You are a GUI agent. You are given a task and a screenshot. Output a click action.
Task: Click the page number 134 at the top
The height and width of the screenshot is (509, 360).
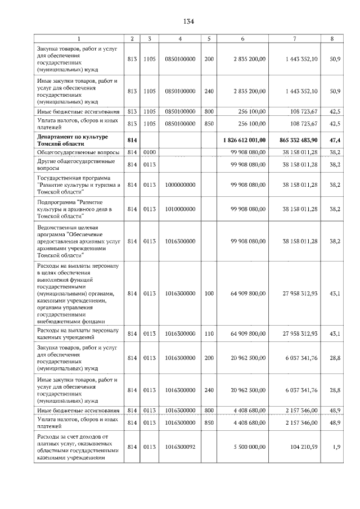[188, 21]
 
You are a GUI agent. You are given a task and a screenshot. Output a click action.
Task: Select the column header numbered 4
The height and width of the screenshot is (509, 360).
[179, 38]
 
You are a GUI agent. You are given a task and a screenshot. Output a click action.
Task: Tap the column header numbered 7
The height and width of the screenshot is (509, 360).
[295, 38]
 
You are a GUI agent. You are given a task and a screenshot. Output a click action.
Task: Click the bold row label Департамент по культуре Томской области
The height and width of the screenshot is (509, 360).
[72, 139]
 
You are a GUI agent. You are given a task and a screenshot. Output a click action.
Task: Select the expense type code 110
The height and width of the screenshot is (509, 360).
[209, 334]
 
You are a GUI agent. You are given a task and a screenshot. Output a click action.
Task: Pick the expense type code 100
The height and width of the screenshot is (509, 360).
[209, 293]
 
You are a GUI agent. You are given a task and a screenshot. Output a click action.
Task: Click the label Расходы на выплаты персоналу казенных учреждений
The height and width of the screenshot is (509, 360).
[77, 334]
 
